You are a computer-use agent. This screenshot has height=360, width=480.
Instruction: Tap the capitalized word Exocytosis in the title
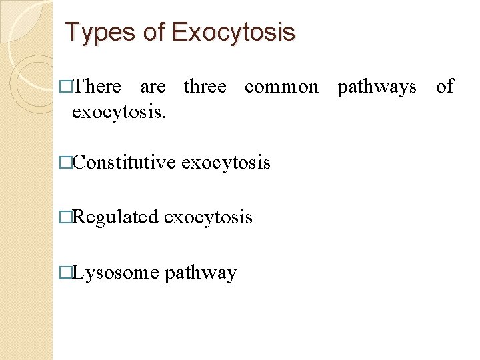(x=233, y=32)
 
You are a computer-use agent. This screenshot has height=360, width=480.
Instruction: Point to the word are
(x=153, y=87)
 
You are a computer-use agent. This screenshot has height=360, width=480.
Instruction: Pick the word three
(x=205, y=87)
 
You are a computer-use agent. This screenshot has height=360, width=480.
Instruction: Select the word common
(x=281, y=87)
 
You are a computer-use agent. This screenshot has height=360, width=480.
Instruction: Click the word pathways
(x=377, y=87)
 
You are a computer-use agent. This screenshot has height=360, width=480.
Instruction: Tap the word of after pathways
(x=445, y=87)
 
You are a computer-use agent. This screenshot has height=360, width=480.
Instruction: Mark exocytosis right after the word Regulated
(x=208, y=217)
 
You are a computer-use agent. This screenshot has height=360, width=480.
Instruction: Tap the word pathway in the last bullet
(x=200, y=273)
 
